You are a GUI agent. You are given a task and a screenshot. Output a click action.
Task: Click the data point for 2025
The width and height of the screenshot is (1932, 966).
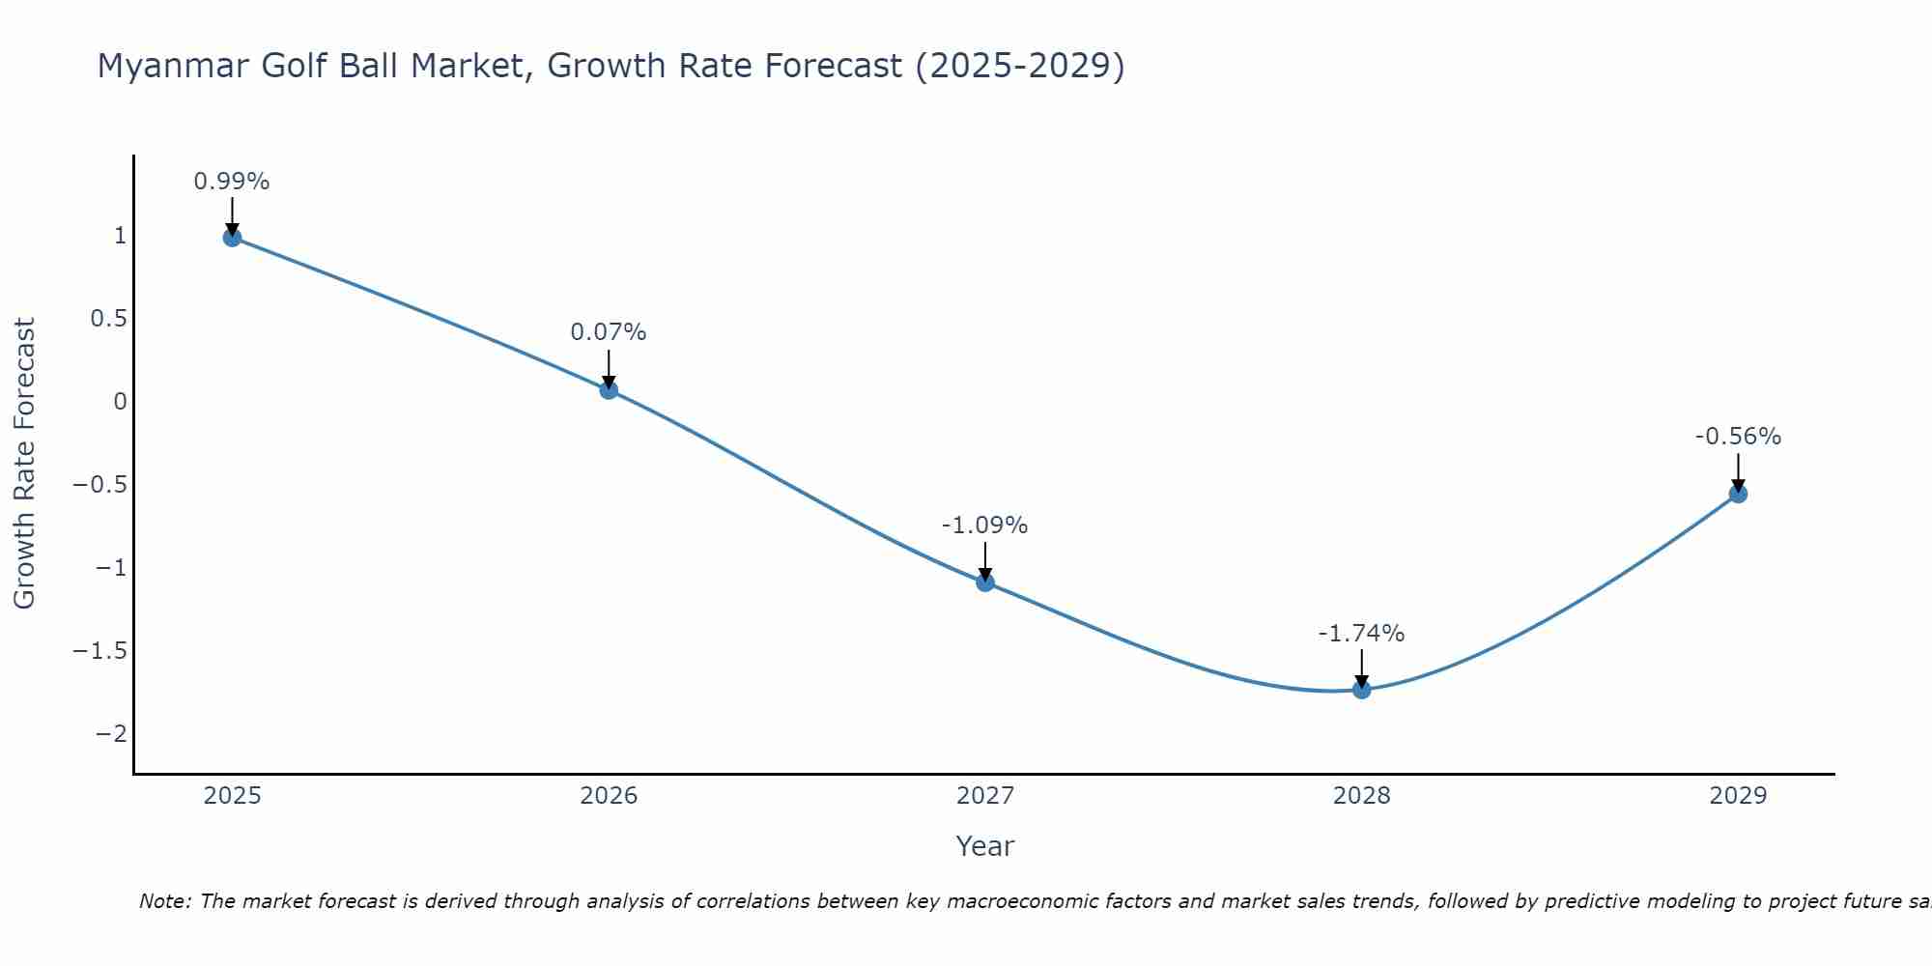(232, 237)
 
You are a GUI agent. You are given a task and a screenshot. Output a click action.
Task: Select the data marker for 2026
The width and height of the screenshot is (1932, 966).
(609, 389)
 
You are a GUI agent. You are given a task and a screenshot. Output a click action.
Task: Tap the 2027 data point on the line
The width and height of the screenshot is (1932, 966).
(985, 582)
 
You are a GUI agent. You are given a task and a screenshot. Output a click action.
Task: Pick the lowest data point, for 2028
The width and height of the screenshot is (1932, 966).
(1362, 689)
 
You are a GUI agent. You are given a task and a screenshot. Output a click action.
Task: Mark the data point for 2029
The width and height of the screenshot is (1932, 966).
(1738, 494)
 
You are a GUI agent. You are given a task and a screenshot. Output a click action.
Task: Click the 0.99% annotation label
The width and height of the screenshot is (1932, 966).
(232, 182)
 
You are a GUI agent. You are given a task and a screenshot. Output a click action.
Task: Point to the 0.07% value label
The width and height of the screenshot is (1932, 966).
(609, 332)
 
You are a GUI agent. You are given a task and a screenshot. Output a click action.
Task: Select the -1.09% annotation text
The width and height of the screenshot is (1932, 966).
(984, 526)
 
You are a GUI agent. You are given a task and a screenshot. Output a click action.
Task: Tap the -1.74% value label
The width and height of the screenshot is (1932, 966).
(1361, 634)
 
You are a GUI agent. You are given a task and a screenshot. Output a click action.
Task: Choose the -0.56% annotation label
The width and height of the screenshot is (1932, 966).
(1738, 437)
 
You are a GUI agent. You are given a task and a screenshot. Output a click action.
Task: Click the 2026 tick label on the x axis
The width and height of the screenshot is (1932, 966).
(609, 796)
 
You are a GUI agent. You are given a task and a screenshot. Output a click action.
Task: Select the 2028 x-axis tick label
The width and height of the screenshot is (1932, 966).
(1361, 796)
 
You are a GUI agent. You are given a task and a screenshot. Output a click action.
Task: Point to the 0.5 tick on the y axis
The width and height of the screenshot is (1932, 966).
(109, 319)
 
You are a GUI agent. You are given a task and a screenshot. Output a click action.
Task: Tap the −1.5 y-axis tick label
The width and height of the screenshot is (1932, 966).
(99, 651)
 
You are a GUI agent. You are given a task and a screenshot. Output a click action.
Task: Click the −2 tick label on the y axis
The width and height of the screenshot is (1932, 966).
(111, 734)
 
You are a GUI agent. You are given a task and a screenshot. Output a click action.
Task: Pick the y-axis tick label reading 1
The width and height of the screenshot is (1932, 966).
(120, 236)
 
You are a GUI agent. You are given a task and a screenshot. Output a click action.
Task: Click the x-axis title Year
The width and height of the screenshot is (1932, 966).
(984, 846)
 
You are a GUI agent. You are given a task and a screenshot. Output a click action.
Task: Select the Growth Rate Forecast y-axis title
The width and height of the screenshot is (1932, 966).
(25, 463)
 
